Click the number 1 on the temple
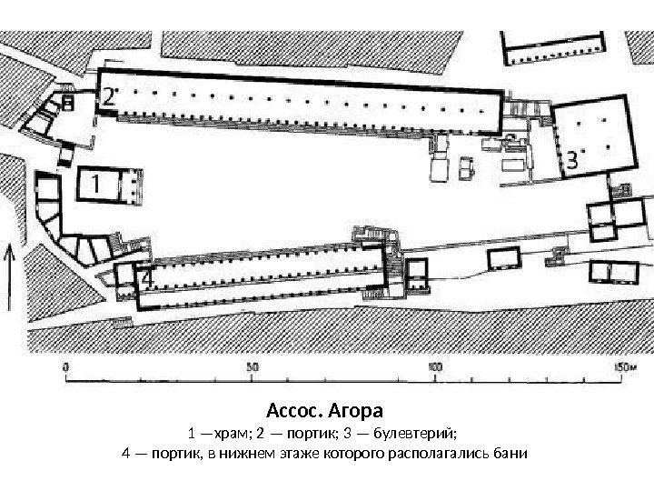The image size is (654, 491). (x=93, y=185)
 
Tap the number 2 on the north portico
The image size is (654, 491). (x=107, y=96)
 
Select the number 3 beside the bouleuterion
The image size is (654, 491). (x=571, y=161)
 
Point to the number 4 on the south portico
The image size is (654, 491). (x=143, y=278)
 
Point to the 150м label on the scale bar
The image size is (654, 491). (x=617, y=366)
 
